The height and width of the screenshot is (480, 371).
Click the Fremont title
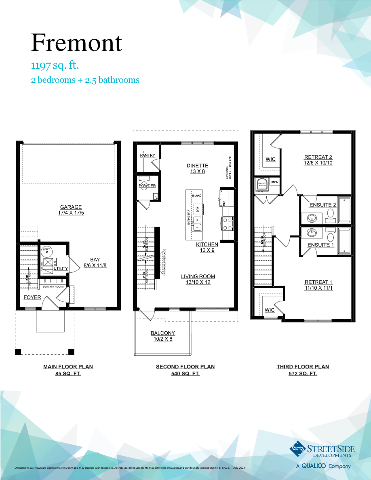coord(76,43)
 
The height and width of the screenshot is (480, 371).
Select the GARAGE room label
coord(71,207)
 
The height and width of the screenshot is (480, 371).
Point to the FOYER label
coord(32,297)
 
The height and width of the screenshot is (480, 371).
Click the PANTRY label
coord(148,156)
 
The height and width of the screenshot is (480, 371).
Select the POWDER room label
coord(147,186)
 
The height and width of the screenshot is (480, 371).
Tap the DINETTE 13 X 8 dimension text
coord(197,171)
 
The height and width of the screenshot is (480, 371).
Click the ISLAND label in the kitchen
coord(197,196)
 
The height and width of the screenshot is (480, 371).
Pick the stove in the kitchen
coord(226,223)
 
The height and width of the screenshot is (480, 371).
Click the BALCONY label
coord(163,333)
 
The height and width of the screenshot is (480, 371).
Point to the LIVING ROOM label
coord(198,276)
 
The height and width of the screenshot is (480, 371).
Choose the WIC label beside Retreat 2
coord(270,159)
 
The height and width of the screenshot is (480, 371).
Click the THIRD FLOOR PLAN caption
coord(303,367)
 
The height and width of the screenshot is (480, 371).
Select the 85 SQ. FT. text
coord(68,374)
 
